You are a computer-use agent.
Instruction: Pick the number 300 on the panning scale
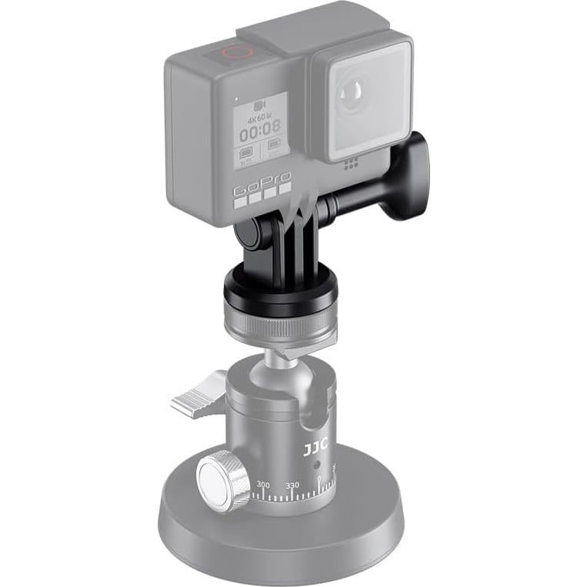[x=263, y=485]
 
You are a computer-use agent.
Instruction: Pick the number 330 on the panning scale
[x=292, y=486]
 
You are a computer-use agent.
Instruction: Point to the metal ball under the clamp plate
[x=282, y=355]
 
